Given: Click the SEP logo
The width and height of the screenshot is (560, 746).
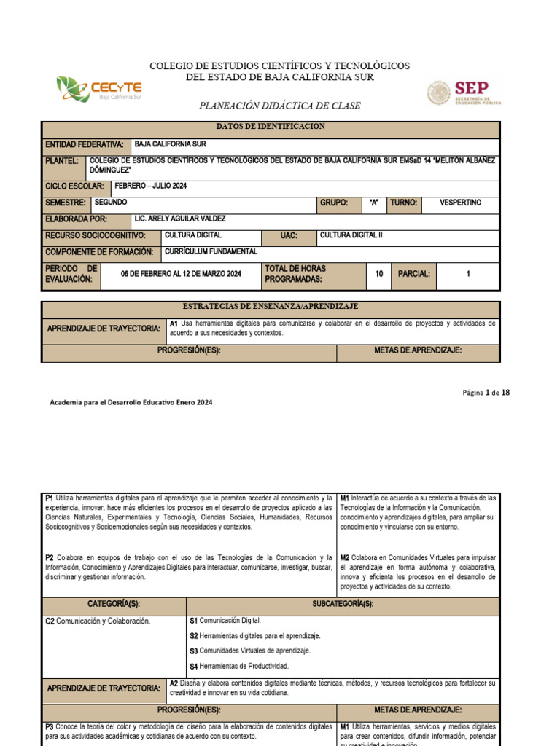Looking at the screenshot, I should pos(464,93).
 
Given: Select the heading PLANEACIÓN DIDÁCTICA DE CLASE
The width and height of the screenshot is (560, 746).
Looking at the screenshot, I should pos(280,106).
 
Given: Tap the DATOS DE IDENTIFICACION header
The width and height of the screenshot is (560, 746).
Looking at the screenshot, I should pos(271,127).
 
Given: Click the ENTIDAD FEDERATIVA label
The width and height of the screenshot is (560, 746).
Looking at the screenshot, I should pos(84,145).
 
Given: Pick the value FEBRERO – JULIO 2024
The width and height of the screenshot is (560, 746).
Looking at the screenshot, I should pos(151,186).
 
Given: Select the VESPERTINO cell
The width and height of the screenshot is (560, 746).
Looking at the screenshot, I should pos(460,203).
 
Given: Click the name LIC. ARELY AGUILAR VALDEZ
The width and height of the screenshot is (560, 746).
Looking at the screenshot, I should pos(180,219).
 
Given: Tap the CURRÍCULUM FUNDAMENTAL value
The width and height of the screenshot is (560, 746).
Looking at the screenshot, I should pos(211,251).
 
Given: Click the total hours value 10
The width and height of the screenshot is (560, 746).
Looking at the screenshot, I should pos(378,274).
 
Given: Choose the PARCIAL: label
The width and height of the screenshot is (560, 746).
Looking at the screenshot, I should pos(414,274).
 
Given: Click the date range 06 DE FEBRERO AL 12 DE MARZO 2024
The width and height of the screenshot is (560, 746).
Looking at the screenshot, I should pos(180,274).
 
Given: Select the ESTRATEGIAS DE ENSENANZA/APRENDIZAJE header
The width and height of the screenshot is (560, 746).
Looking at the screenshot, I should pos(271,307).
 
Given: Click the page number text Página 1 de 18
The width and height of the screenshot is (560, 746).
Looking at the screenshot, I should pos(486,393).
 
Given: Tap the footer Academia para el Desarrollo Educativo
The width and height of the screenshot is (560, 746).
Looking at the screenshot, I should pos(131,402).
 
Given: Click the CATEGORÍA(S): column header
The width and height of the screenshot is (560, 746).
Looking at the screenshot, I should pos(114,605).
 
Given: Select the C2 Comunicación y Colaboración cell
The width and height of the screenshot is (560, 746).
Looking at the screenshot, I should pos(98,621).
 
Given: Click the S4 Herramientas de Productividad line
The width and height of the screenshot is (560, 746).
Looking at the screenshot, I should pos(238,666).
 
